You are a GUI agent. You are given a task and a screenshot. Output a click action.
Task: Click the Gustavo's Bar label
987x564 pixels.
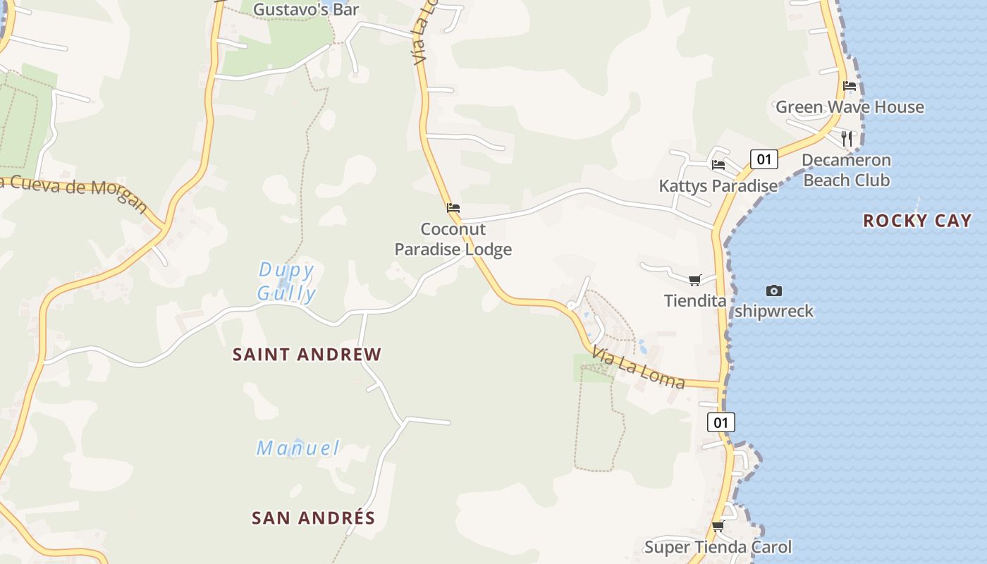click(x=306, y=9)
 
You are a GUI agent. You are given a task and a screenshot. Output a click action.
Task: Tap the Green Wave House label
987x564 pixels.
click(x=850, y=107)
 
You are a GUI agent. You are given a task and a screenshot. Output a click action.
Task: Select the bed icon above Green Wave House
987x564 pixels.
click(x=850, y=86)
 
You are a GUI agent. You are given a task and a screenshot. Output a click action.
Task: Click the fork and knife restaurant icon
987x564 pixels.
click(x=847, y=137)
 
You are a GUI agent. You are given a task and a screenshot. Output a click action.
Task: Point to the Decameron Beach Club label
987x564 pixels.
click(x=846, y=170)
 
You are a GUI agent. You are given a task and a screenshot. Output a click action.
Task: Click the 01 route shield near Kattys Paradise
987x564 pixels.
click(x=764, y=159)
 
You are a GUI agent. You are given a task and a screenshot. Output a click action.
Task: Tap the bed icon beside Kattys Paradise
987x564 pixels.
click(x=718, y=165)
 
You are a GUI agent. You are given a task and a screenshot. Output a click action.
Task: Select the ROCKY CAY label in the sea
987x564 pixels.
click(x=917, y=221)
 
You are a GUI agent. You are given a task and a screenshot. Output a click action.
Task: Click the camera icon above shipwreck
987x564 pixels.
click(x=774, y=290)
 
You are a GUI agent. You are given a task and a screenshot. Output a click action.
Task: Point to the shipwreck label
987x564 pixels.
click(x=774, y=311)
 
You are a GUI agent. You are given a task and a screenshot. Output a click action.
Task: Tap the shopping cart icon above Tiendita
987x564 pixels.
click(x=694, y=281)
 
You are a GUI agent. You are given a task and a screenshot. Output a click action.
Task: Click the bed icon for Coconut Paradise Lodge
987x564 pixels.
click(x=453, y=208)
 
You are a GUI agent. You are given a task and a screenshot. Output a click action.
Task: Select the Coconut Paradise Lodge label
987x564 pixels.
click(x=453, y=239)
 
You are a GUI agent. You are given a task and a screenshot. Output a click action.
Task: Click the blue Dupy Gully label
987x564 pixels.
click(x=286, y=281)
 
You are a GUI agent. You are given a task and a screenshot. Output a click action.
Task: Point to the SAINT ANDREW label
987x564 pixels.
click(x=307, y=355)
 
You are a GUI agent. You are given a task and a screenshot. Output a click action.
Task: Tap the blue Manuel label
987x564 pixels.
click(x=298, y=448)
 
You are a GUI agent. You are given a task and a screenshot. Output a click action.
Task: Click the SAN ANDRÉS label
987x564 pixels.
click(x=313, y=518)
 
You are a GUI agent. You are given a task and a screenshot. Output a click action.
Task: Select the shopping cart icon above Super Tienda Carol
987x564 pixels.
click(x=718, y=526)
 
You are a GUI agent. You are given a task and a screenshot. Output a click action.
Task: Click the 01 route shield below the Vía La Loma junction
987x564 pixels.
click(x=721, y=422)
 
